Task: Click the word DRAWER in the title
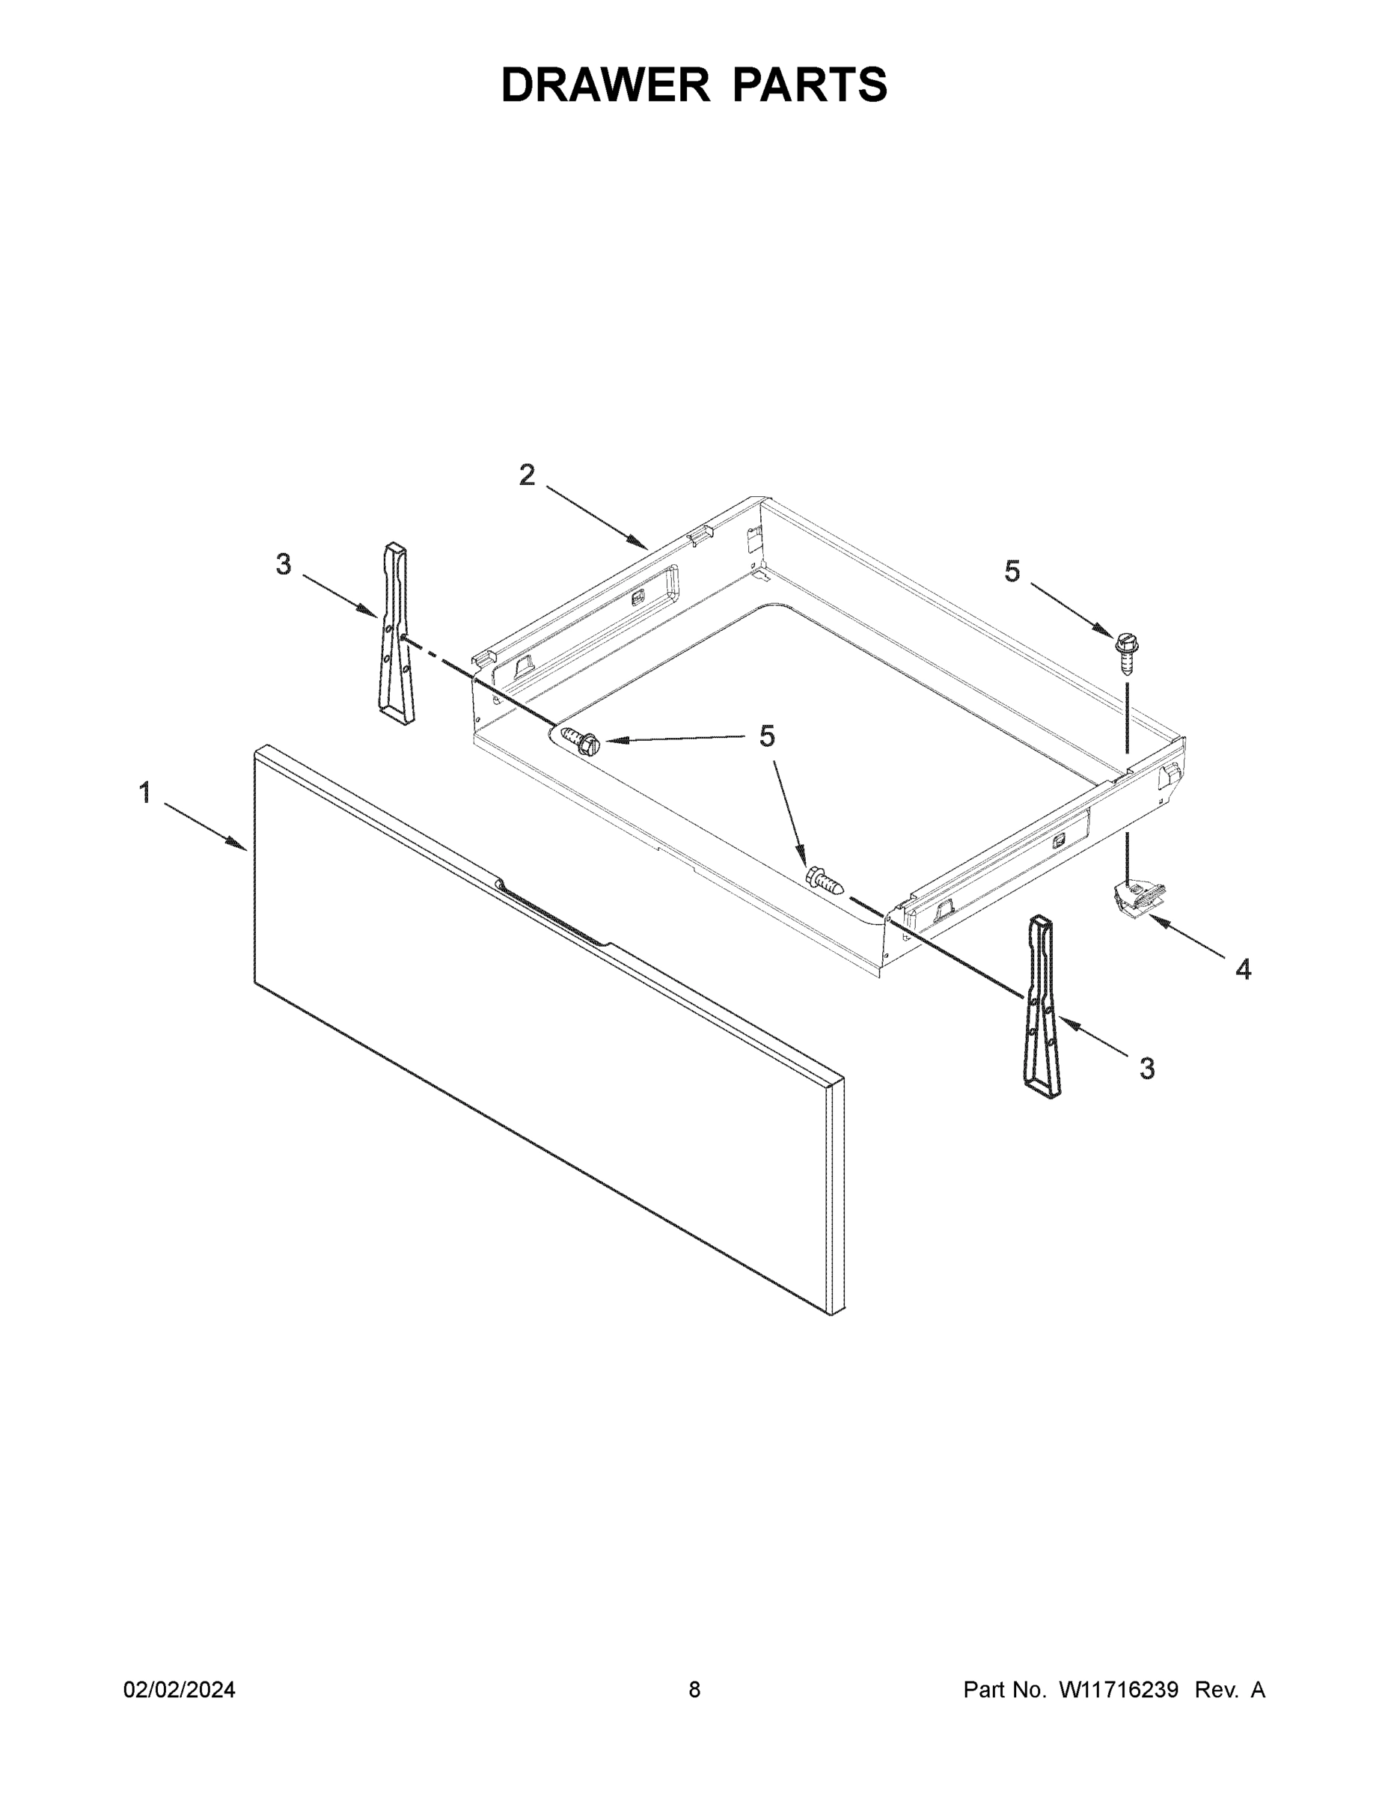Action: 605,85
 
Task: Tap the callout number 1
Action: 144,793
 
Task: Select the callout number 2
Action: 527,475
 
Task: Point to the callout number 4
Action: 1244,971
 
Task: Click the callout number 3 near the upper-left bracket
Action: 283,565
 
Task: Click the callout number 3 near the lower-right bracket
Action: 1147,1069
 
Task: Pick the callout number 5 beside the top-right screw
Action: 1012,572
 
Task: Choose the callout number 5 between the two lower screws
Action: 766,737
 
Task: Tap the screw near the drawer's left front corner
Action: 580,739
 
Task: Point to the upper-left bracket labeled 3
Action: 396,633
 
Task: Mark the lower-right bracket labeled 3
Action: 1041,1007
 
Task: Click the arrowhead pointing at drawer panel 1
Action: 239,845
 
